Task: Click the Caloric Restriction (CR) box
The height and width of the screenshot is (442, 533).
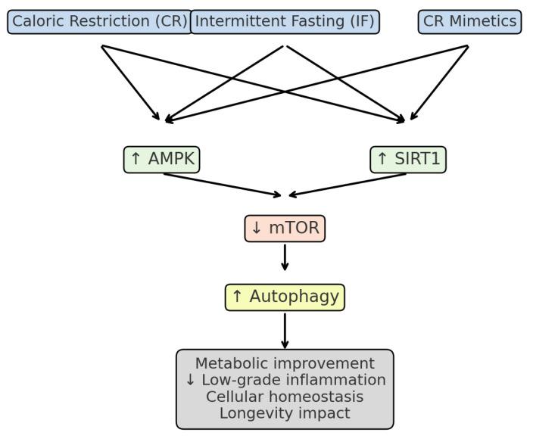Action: tap(99, 21)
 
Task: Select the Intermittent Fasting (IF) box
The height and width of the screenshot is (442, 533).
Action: tap(285, 21)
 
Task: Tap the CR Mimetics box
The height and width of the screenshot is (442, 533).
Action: tap(469, 21)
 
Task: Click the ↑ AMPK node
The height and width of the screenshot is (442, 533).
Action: tap(161, 159)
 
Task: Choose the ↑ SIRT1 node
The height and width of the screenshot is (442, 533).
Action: tap(408, 159)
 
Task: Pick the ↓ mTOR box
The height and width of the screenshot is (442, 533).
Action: tap(285, 228)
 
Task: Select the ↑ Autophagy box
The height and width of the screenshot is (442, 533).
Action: tap(285, 297)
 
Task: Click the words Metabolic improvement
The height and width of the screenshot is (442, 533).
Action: tap(285, 363)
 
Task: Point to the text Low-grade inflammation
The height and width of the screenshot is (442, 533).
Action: tap(292, 380)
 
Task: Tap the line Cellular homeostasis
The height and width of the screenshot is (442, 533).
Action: tap(285, 397)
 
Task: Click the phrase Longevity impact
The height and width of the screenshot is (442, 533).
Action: tap(285, 413)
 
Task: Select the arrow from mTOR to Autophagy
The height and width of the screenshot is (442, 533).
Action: tap(285, 257)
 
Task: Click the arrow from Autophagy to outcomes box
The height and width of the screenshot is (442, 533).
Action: tap(285, 330)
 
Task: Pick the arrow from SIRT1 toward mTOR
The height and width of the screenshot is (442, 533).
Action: tap(348, 185)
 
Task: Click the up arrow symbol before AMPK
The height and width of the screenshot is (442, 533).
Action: tap(136, 159)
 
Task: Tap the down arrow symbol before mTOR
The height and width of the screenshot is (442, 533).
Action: tap(256, 228)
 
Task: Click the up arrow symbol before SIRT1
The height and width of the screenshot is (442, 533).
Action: tap(382, 159)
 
